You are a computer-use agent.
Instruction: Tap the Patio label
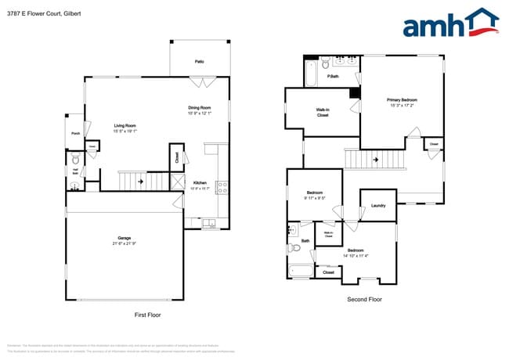[x=200, y=60]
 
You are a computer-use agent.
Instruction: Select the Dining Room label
[x=199, y=107]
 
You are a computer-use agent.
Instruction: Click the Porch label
[x=75, y=133]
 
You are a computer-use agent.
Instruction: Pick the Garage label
[x=124, y=238]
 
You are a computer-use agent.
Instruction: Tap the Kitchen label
[x=200, y=182]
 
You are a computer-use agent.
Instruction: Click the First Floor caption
[x=146, y=314]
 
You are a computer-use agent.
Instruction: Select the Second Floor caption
[x=364, y=299]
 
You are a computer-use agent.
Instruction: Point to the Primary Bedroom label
[x=402, y=100]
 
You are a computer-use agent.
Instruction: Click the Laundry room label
[x=378, y=206]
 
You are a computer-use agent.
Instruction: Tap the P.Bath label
[x=334, y=76]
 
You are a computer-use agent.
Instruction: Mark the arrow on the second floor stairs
[x=376, y=160]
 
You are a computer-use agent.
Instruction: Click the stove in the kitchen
[x=222, y=186]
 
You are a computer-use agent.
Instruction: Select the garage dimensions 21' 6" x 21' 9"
[x=124, y=244]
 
